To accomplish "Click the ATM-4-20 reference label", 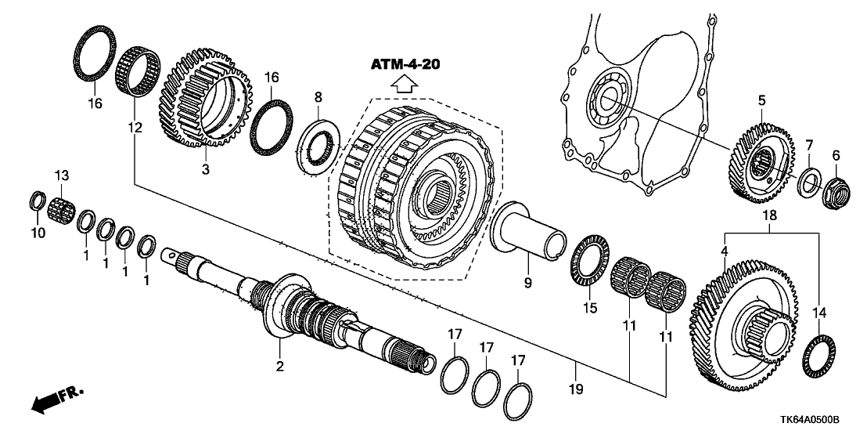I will (x=405, y=64).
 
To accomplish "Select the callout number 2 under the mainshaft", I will (x=278, y=365).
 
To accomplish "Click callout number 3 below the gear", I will (x=205, y=168).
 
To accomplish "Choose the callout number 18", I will (x=770, y=213).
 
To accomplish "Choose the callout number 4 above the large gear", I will (x=725, y=251).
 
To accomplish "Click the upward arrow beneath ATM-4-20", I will (x=405, y=85).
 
